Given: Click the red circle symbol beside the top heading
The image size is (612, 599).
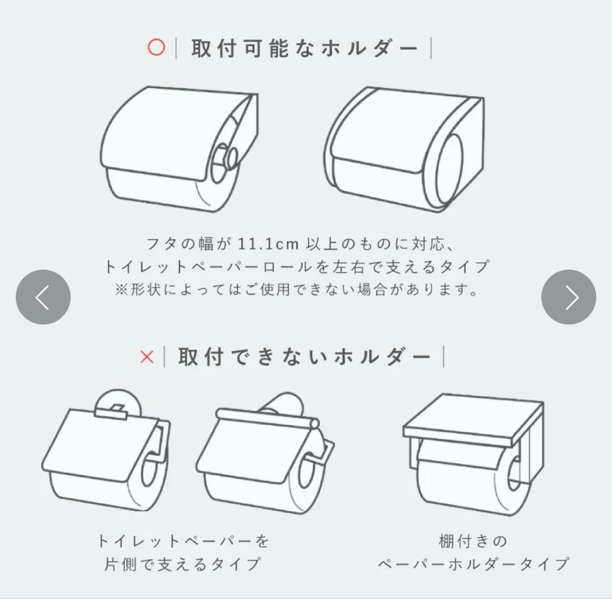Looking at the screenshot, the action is (x=156, y=48).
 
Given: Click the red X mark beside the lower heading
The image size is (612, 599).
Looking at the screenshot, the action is (x=147, y=357).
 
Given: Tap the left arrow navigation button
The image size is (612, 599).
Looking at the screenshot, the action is (x=43, y=297).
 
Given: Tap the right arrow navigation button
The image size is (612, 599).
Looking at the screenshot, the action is (x=569, y=297).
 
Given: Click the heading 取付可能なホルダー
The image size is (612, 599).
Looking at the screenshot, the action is (x=304, y=48).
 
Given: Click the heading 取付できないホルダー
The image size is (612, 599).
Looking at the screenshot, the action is (x=304, y=357).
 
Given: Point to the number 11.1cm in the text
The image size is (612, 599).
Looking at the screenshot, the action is (x=268, y=244).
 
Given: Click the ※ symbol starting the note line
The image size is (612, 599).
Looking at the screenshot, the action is (x=121, y=290).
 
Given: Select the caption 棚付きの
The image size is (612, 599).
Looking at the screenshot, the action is (x=473, y=541).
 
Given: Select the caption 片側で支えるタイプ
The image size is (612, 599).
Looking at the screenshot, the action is (x=182, y=564).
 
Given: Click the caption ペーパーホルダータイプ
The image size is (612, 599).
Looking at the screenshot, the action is (x=473, y=564).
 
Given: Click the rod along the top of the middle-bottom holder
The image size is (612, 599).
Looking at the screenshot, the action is (x=267, y=418).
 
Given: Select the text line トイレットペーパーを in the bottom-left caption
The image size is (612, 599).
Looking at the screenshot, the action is (x=183, y=541).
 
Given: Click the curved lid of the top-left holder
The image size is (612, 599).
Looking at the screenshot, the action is (x=172, y=132).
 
